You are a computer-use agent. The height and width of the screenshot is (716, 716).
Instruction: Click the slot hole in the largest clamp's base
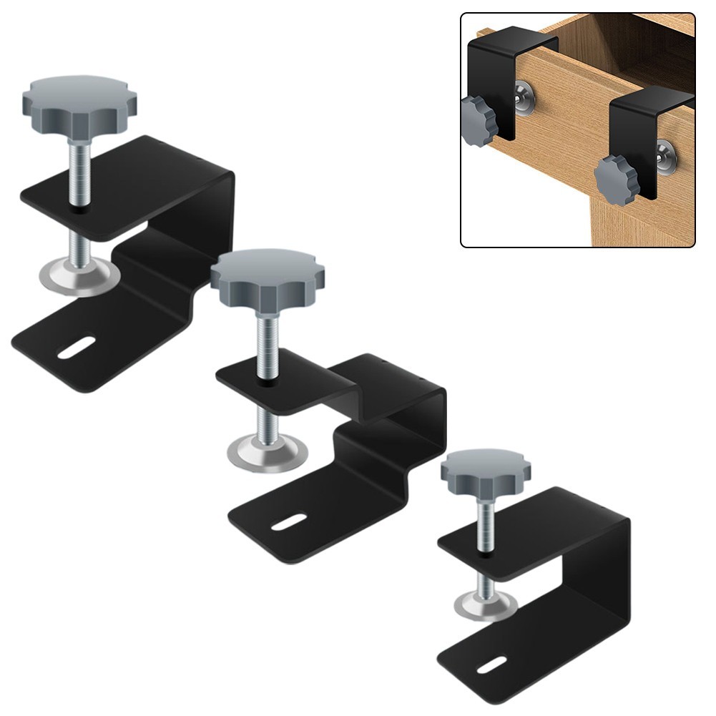[x=77, y=348]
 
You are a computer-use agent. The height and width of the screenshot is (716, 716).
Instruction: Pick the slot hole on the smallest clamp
[x=491, y=664]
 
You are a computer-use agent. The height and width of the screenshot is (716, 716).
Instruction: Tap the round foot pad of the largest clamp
[x=79, y=277]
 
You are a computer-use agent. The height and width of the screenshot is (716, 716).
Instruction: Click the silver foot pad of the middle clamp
[x=268, y=451]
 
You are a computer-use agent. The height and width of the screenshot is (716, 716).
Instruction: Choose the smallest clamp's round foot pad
[x=486, y=606]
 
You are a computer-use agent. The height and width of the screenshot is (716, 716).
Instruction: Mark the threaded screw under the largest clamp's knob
[x=79, y=172]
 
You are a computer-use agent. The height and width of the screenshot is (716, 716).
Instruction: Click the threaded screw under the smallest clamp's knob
[x=486, y=522]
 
